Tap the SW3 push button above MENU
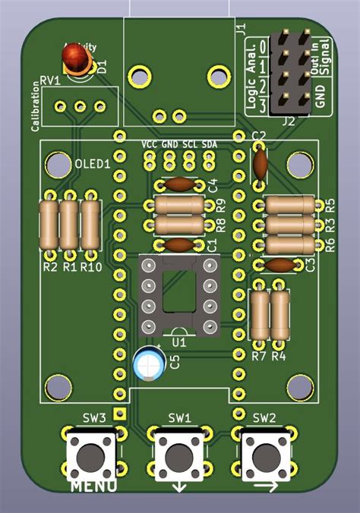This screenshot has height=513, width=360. (91, 455)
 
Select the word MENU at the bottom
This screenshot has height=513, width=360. (93, 486)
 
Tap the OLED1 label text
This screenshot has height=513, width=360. (93, 163)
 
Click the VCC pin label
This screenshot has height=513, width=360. (150, 144)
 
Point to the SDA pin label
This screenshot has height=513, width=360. (208, 144)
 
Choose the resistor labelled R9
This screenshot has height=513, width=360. (179, 205)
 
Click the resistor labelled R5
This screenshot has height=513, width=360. (289, 205)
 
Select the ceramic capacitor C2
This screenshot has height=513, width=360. (260, 161)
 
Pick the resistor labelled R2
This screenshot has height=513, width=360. (49, 224)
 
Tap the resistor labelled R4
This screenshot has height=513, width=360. (280, 315)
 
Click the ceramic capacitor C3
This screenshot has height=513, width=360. (279, 265)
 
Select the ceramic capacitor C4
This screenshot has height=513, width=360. (179, 184)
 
